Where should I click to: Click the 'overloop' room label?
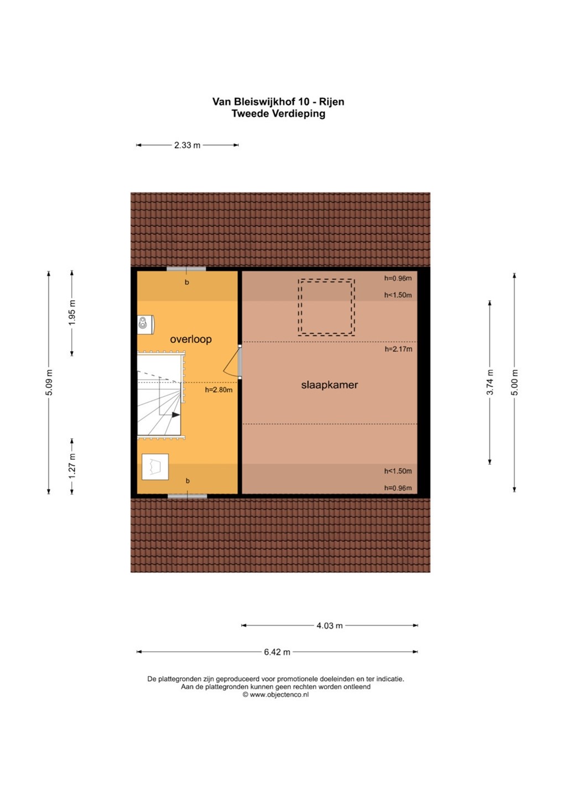(191, 339)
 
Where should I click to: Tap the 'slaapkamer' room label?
(330, 385)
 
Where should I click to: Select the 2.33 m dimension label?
(187, 145)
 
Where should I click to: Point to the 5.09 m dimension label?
(49, 383)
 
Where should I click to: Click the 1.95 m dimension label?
(72, 313)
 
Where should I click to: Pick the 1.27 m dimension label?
(72, 466)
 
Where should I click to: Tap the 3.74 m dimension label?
(490, 383)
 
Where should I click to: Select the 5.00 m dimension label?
(515, 383)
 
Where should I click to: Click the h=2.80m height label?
(218, 390)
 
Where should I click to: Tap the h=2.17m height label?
(398, 349)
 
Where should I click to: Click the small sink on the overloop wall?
(145, 324)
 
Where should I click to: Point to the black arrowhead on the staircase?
(176, 415)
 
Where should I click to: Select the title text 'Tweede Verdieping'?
(278, 114)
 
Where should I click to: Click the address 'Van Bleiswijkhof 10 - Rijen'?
(278, 102)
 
